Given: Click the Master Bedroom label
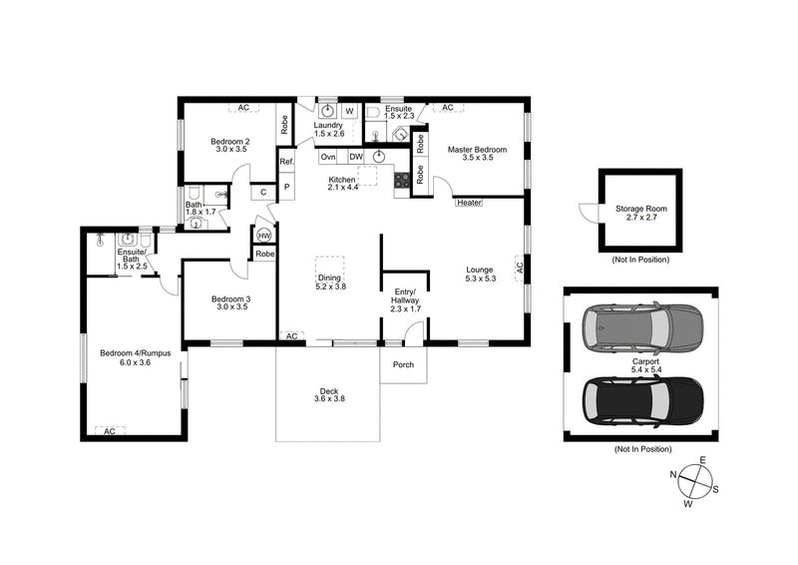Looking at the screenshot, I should pos(477,154).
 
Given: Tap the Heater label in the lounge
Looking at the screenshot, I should pos(469,203).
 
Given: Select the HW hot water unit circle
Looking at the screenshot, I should pos(264,236).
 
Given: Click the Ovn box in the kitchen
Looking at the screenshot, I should pos(327,157).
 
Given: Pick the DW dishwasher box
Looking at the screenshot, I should pos(355,157).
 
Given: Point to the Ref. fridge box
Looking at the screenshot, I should pos(286,162).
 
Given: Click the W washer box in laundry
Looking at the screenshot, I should pos(350,111).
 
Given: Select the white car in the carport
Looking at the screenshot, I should pos(641,325).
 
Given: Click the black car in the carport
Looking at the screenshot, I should pos(641,397).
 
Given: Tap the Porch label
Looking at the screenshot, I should pos(404,364).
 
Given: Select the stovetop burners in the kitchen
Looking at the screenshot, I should pos(403,181).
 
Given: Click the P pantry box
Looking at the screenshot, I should pos(286,187).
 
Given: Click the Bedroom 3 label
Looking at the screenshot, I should pos(230,303).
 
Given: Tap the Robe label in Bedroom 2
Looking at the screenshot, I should pos(284,122).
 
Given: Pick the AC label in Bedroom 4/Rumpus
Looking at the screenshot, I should pos(110,431).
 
